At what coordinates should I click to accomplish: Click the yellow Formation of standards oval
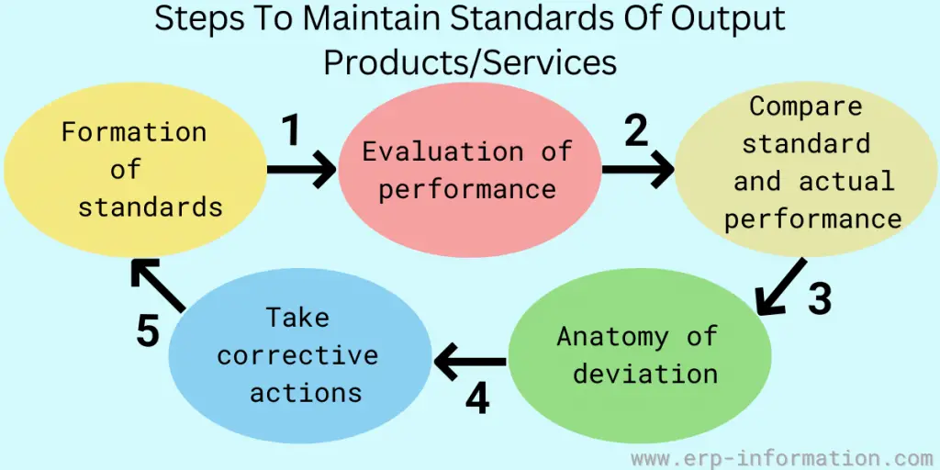click(135, 170)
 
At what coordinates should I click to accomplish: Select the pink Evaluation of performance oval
click(469, 170)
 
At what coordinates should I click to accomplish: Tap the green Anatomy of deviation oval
click(640, 355)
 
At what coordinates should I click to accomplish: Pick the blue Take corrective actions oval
click(300, 355)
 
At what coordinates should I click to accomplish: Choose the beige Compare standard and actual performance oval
click(806, 170)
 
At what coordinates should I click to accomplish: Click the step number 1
click(291, 131)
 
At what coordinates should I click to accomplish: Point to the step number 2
click(637, 131)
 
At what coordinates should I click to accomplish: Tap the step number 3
click(820, 298)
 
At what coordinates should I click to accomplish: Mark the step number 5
click(148, 330)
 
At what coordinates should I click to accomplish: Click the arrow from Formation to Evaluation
click(302, 170)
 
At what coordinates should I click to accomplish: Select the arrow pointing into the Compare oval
click(639, 170)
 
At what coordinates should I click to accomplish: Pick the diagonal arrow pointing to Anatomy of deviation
click(780, 286)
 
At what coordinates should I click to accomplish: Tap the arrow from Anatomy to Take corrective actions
click(470, 362)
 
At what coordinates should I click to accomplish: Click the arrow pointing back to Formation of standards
click(157, 285)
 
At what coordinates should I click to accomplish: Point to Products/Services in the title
click(470, 62)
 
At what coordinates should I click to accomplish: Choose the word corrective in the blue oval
click(297, 355)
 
